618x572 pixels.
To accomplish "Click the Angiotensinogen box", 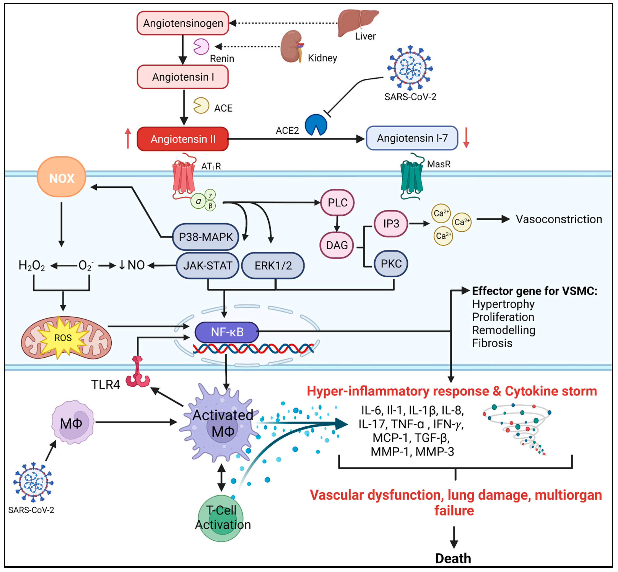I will point(183,23).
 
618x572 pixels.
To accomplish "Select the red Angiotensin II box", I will point(183,139).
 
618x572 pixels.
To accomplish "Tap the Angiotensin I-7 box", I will point(412,138).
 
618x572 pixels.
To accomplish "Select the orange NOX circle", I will point(62,177).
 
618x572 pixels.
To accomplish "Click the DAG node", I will point(337,245).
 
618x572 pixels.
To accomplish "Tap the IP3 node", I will point(391,223).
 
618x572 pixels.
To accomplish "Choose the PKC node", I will point(391,264).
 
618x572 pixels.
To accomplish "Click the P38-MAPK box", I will point(205,237).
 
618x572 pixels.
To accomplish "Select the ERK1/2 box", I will point(273,265).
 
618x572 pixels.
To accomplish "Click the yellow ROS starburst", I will point(63,337).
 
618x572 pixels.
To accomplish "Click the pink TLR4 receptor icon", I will point(138,373).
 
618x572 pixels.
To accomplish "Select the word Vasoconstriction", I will point(559,219).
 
